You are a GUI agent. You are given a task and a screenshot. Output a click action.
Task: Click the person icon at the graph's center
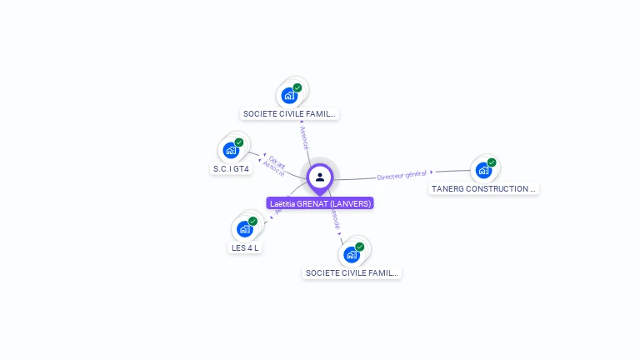pos(320,177)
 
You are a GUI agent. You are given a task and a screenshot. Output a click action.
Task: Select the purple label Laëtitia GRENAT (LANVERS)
pos(320,203)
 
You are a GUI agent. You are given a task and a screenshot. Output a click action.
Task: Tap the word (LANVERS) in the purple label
pos(351,203)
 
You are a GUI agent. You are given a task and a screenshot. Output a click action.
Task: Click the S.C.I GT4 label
pos(231,168)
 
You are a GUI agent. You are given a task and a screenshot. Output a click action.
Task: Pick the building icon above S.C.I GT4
pos(229,152)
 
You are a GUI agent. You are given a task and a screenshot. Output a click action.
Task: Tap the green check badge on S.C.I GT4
pos(239,142)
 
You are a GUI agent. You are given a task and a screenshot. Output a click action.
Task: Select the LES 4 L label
pos(245,247)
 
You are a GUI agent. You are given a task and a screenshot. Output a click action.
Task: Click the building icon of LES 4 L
pos(244,229)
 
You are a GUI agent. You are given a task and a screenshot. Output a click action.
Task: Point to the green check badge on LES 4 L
pos(253,221)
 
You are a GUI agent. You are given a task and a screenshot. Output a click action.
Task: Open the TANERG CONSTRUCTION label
pos(483,189)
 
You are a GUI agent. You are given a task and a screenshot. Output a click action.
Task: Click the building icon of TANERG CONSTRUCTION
pos(482,171)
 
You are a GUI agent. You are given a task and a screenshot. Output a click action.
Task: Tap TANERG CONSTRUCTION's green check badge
pos(492,162)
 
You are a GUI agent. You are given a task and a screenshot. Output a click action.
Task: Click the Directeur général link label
pos(402,175)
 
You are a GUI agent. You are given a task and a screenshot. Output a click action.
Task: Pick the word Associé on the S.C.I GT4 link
pos(273,166)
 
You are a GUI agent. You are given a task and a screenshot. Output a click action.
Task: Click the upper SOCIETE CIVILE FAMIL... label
pos(289,113)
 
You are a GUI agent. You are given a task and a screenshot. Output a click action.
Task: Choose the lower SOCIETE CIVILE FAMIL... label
pos(352,272)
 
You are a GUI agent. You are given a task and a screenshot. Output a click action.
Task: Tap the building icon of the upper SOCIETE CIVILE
pos(289,95)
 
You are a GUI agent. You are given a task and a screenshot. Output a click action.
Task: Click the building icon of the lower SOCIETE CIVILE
pos(351,254)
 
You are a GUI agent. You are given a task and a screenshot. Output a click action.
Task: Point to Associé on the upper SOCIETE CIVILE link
pos(303,138)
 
